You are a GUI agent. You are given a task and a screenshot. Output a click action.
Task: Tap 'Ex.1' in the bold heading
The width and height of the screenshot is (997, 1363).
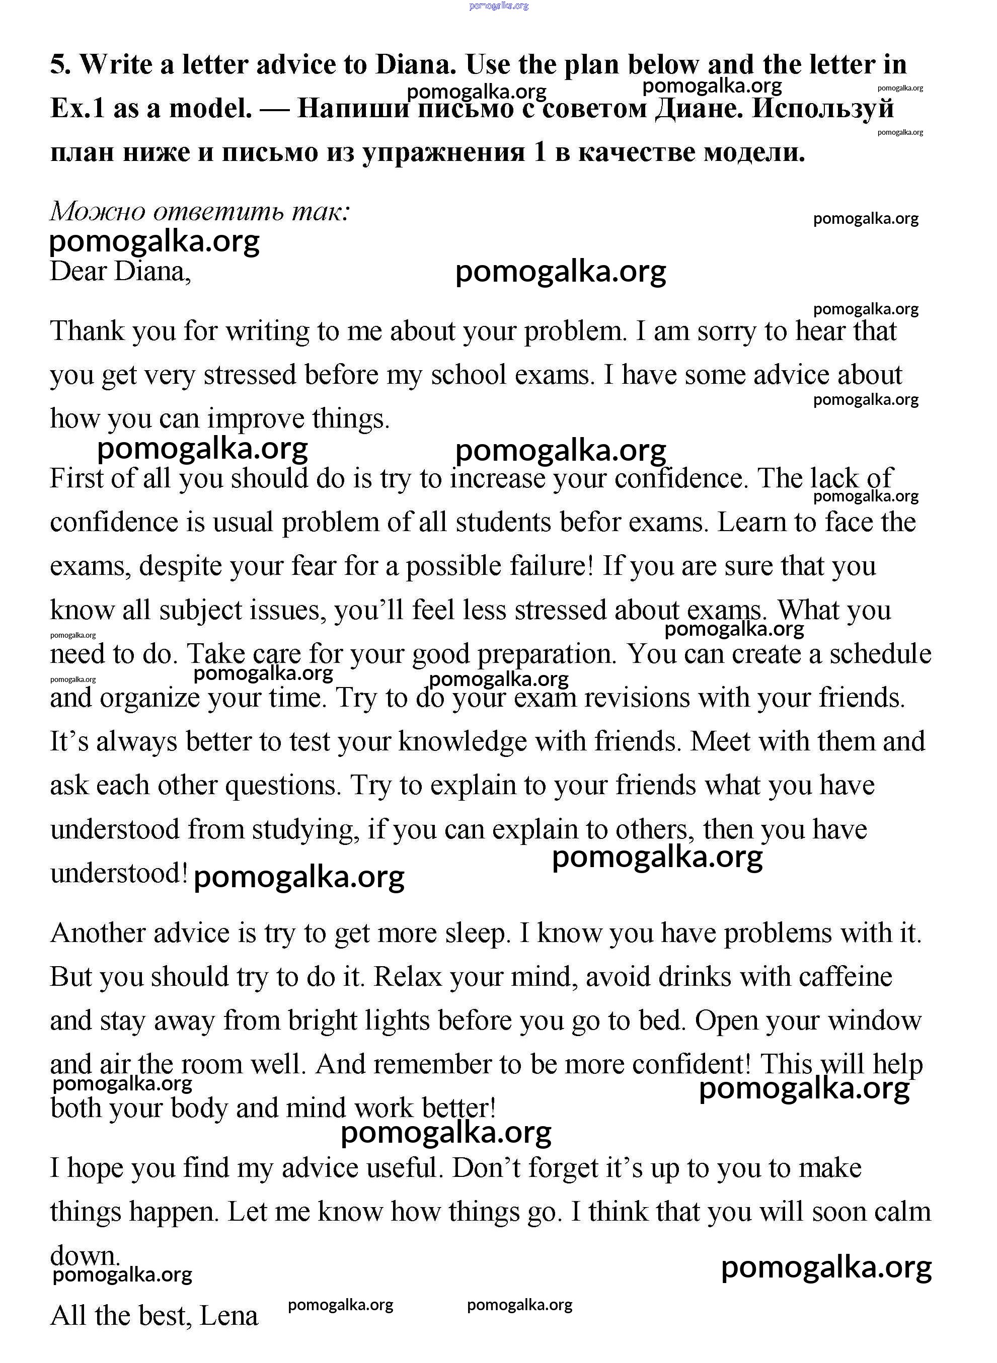point(77,109)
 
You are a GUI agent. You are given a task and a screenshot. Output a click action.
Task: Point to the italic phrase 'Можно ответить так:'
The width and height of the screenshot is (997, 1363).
point(200,211)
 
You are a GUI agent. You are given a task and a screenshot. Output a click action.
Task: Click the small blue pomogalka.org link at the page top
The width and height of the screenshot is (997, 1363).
point(498,6)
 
